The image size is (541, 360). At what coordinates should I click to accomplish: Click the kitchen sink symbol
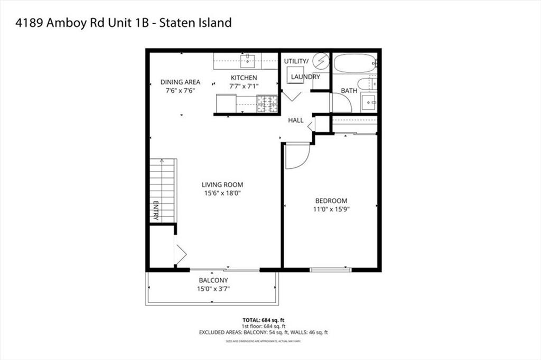(x=247, y=61)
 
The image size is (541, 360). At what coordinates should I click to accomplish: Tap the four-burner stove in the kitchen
(x=267, y=103)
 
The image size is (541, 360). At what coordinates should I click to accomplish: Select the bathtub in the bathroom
(x=355, y=63)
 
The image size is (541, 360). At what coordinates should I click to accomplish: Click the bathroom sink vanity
(x=369, y=101)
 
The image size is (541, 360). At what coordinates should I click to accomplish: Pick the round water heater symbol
(x=320, y=62)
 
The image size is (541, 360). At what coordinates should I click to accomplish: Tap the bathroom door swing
(x=341, y=103)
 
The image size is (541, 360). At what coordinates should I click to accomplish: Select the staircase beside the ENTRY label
(x=162, y=190)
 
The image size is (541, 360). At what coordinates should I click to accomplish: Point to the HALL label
(x=295, y=120)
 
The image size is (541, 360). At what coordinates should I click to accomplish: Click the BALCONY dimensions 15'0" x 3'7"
(x=213, y=289)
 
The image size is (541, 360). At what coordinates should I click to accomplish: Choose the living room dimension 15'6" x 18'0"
(x=222, y=193)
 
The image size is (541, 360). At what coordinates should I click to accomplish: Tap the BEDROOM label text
(x=331, y=201)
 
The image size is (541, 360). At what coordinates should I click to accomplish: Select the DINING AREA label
(x=180, y=82)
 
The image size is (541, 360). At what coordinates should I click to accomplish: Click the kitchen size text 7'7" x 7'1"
(x=244, y=87)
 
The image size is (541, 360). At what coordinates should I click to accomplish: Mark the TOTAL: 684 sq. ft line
(x=263, y=320)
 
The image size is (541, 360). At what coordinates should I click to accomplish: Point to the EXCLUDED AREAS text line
(x=263, y=333)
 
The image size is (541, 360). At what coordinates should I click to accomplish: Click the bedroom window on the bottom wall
(x=331, y=270)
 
